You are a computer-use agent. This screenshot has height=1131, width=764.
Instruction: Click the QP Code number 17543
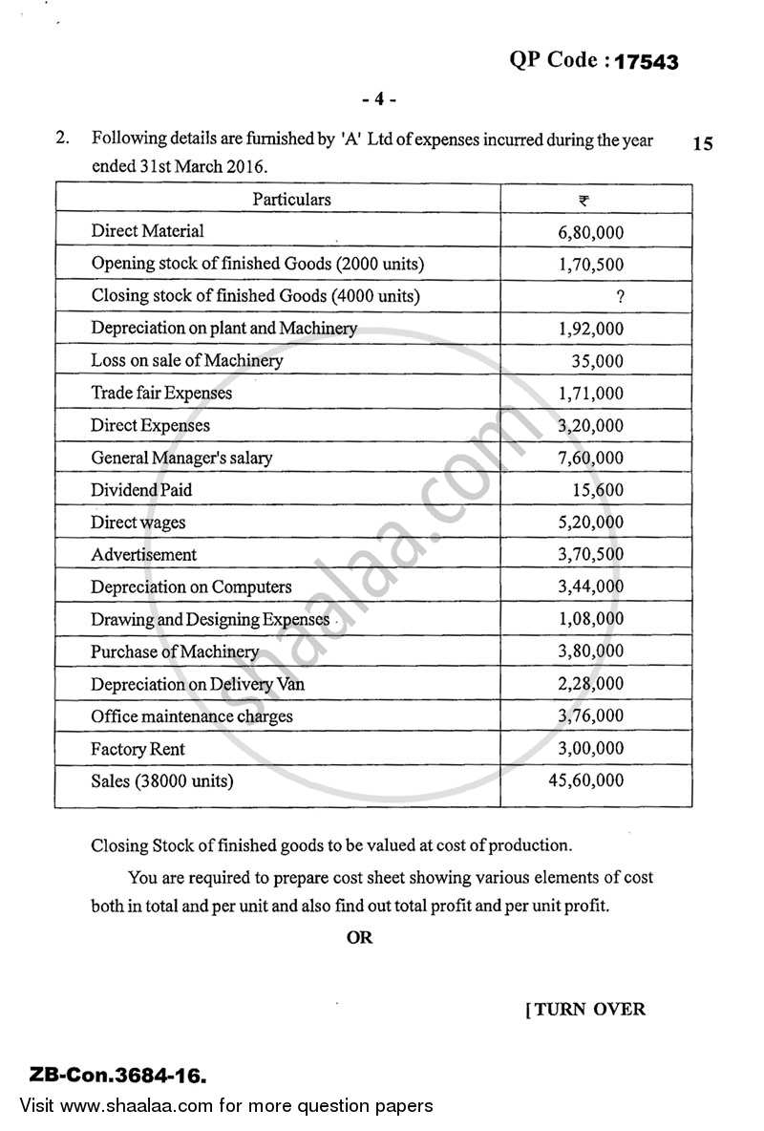[x=647, y=62]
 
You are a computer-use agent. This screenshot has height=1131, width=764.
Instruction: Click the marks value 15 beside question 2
[x=702, y=145]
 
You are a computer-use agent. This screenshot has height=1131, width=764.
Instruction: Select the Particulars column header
[x=291, y=200]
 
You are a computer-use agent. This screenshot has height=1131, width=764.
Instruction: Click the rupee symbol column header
[x=584, y=200]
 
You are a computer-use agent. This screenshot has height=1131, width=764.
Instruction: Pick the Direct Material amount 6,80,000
[x=591, y=231]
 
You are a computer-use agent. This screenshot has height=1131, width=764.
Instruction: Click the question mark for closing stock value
[x=621, y=296]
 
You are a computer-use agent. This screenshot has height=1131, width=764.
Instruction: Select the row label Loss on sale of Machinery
[x=187, y=361]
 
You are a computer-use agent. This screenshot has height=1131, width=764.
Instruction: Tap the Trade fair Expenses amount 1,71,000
[x=591, y=394]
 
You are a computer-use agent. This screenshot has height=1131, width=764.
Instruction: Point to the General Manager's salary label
[x=181, y=459]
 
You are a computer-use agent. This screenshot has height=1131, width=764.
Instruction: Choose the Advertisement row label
[x=143, y=555]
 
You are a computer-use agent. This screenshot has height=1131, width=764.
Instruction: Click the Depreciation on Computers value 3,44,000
[x=591, y=587]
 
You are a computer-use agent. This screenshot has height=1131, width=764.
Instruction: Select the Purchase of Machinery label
[x=175, y=652]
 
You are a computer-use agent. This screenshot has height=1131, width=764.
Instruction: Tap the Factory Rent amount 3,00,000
[x=591, y=749]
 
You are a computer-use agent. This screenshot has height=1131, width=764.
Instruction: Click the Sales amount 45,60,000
[x=586, y=781]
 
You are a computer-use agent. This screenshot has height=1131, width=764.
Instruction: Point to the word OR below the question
[x=360, y=938]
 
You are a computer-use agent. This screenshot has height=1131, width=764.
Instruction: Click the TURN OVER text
[x=585, y=1009]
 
